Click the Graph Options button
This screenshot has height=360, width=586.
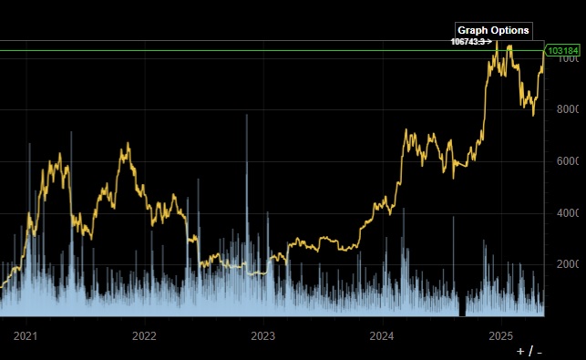(493, 30)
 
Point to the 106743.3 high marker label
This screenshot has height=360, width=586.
(468, 42)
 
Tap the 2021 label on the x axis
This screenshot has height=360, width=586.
(26, 335)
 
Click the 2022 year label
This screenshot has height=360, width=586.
(144, 335)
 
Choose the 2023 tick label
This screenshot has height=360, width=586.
(262, 335)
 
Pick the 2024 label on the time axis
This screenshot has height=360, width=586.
(381, 335)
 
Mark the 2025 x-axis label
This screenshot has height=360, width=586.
(499, 335)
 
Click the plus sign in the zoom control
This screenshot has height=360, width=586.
(521, 351)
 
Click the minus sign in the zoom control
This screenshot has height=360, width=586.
(540, 351)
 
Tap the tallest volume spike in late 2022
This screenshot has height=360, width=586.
(246, 118)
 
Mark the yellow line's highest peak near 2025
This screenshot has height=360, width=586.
(498, 43)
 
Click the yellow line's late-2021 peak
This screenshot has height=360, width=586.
(127, 145)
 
